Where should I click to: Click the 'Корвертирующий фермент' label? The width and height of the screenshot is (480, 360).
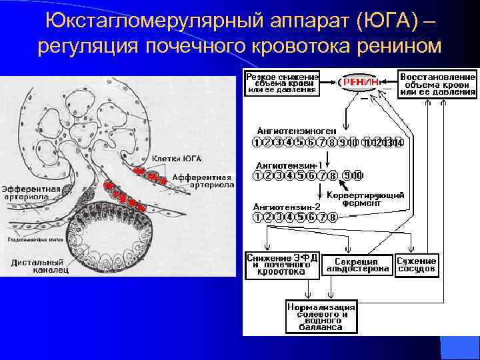pos(367,199)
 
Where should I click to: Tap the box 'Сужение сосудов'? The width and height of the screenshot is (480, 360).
pos(417,265)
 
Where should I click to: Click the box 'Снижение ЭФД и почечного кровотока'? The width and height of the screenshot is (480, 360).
pos(282,265)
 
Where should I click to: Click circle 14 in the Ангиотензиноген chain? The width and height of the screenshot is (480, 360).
pos(399,142)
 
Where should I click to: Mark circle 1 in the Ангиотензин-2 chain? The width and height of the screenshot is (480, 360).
pos(257,217)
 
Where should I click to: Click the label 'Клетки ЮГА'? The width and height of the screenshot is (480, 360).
pos(177,158)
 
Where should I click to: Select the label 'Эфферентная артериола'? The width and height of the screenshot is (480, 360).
pos(31,193)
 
